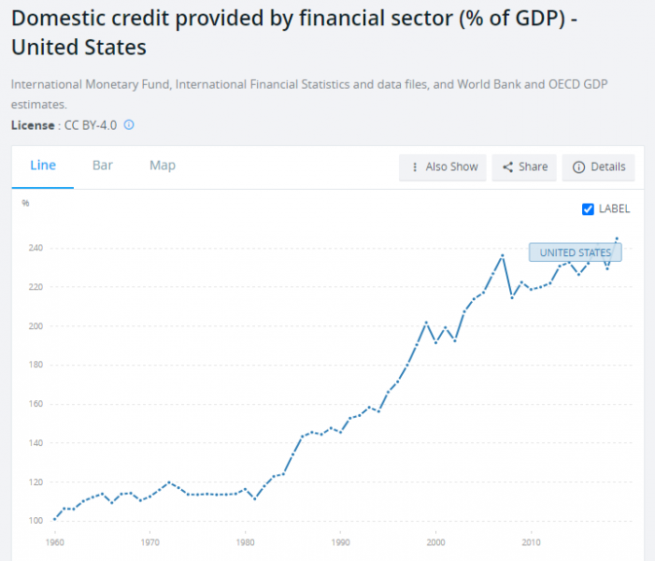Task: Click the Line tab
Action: tap(43, 165)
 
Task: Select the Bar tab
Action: tap(103, 165)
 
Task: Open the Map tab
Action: tap(163, 165)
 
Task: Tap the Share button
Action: tap(525, 167)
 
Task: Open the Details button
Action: tap(599, 167)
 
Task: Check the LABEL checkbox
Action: tap(588, 209)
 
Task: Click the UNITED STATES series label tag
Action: tap(575, 252)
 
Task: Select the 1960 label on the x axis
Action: tap(55, 541)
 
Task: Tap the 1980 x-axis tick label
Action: tap(245, 541)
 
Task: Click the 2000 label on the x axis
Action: tap(435, 541)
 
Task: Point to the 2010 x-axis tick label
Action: tap(531, 541)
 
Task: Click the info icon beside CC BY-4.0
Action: tap(129, 124)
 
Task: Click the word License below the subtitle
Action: tap(32, 124)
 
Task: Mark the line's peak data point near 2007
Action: tap(503, 255)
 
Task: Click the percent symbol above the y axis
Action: tap(26, 203)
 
